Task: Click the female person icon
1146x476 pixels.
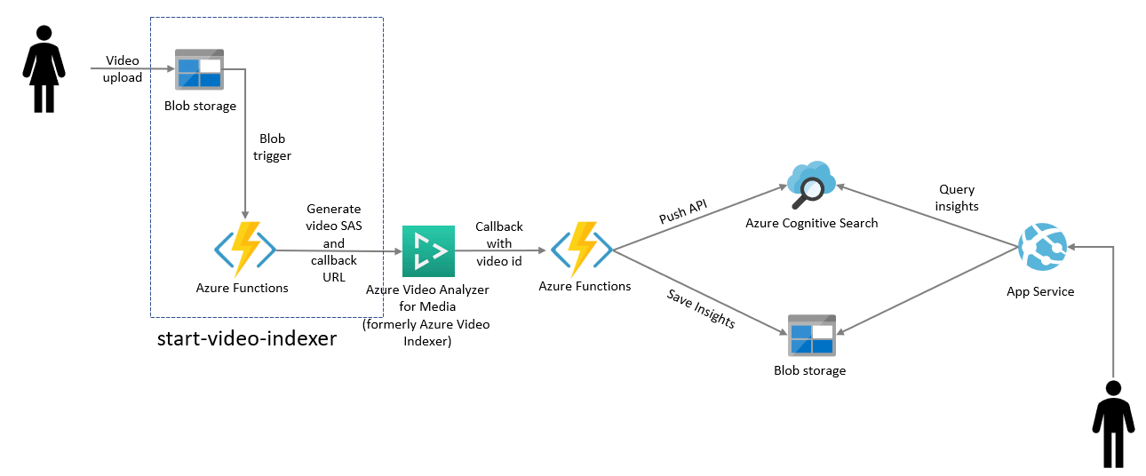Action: coord(44,69)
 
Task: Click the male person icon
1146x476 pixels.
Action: coord(1113,424)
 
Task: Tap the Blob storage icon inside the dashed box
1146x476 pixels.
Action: coord(199,69)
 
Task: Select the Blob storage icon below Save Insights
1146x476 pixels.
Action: coord(811,336)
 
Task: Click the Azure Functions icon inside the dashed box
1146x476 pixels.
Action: coord(245,250)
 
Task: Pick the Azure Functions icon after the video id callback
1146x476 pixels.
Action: coord(582,250)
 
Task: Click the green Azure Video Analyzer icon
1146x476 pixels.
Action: coord(428,251)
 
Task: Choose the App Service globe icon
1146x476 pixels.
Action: coord(1042,246)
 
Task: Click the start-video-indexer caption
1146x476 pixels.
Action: coord(247,338)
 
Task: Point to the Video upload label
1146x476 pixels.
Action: coord(123,69)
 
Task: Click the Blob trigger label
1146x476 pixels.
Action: coord(272,147)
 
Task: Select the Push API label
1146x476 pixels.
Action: coord(683,211)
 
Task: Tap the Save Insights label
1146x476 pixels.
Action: coord(701,309)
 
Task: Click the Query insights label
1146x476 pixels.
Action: coord(957,198)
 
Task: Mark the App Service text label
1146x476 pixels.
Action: coord(1040,291)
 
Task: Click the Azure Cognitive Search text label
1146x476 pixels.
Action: coord(811,223)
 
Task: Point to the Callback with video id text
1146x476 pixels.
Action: coord(498,244)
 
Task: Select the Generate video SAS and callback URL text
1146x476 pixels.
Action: coord(333,242)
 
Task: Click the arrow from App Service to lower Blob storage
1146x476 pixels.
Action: coord(927,291)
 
